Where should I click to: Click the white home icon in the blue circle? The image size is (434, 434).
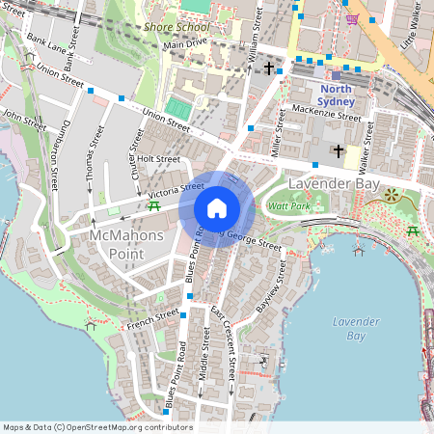point(217,207)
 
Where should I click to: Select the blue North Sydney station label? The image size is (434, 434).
point(337,95)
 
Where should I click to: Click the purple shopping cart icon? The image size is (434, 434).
point(352,18)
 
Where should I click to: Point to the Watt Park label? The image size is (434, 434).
point(288,206)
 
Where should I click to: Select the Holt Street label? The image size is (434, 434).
point(159,159)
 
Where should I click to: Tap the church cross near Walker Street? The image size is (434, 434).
point(338,150)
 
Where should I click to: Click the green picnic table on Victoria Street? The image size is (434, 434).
point(153,205)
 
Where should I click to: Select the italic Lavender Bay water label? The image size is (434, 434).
point(349,328)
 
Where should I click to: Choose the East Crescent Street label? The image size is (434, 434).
point(224,342)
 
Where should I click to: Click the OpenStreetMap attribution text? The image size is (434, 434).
point(97,427)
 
